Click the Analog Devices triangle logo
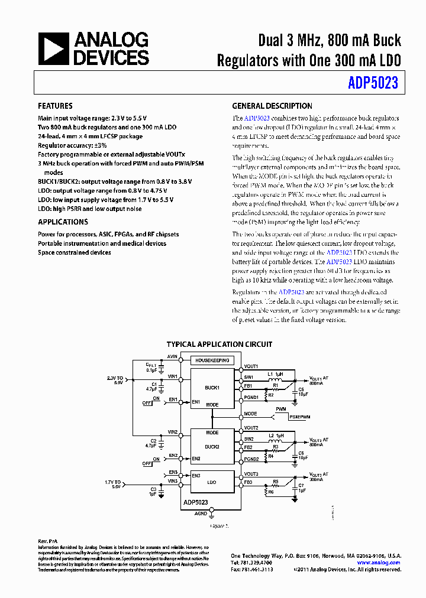pos(53,48)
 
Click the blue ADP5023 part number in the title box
pos(373,83)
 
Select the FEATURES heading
pos(55,106)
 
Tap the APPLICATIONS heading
pos(63,222)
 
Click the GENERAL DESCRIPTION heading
pos(272,106)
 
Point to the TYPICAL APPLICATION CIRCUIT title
pos(219,344)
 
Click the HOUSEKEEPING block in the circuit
pos(211,360)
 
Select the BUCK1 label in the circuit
pos(212,388)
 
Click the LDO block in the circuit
pos(212,482)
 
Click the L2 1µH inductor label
pos(275,435)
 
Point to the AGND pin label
pos(201,513)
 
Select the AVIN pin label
pos(172,357)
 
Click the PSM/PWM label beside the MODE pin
pos(300,417)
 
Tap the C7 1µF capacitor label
pos(301,487)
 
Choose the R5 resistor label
pos(275,481)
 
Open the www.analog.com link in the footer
pos(379,563)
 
